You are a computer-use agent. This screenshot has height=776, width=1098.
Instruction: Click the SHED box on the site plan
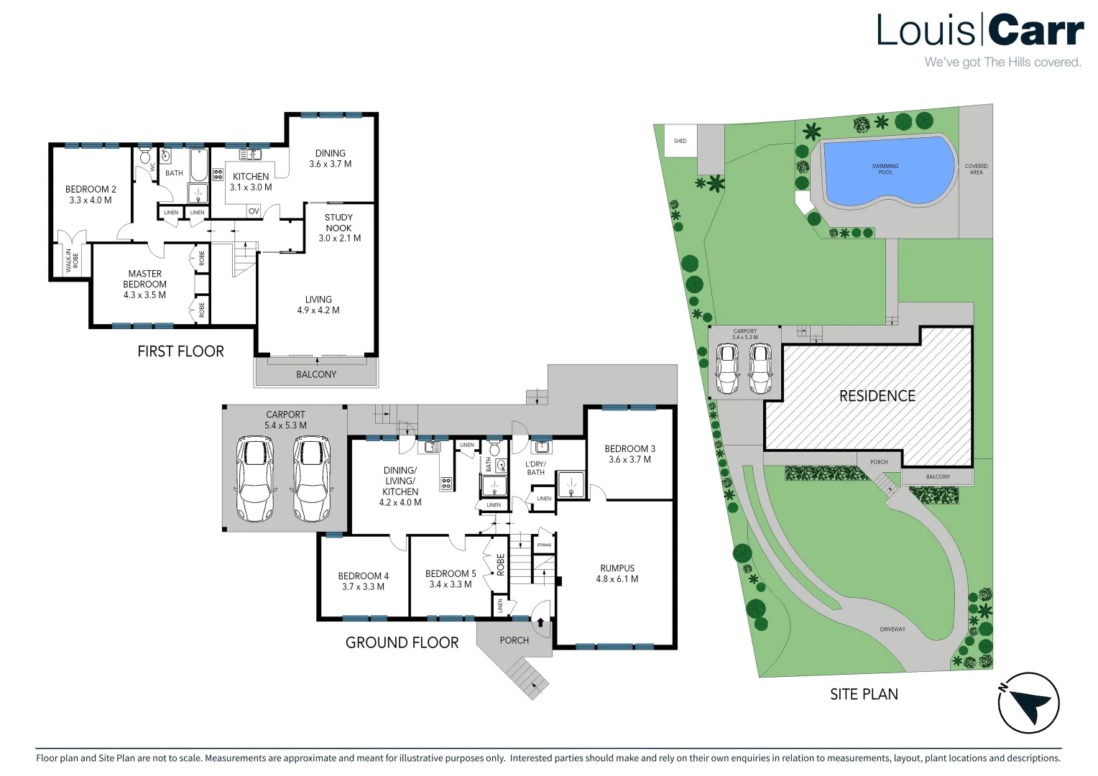[x=681, y=141]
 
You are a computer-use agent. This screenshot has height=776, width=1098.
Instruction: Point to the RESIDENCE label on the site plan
[x=877, y=396]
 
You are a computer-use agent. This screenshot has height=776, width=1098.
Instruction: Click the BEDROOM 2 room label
[x=91, y=189]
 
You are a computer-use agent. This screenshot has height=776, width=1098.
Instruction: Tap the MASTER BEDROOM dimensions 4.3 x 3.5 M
[x=144, y=295]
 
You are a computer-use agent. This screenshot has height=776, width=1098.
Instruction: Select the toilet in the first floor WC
[x=144, y=157]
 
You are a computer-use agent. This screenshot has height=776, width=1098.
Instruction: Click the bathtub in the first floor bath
[x=199, y=165]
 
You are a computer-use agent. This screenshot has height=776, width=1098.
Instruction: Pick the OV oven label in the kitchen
[x=254, y=212]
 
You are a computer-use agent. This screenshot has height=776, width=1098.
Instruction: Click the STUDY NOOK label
[x=338, y=223]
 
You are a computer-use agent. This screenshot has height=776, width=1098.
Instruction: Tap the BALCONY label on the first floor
[x=316, y=374]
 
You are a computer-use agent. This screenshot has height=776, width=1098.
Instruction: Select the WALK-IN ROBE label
[x=72, y=260]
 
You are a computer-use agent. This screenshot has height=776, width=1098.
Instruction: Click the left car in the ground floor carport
[x=255, y=479]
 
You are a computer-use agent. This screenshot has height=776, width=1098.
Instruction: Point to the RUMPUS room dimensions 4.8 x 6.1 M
[x=617, y=579]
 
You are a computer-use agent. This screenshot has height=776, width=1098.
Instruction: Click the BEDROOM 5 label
[x=451, y=573]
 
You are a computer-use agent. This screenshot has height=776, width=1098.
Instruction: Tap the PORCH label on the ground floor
[x=515, y=640]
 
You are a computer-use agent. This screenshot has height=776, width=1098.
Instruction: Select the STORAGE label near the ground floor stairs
[x=544, y=545]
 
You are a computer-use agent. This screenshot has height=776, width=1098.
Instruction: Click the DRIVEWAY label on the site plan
[x=892, y=629]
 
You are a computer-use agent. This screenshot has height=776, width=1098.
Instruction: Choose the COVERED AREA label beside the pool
[x=976, y=169]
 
